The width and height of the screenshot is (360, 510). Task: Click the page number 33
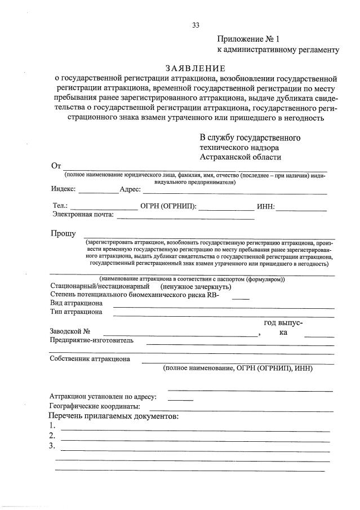point(196,25)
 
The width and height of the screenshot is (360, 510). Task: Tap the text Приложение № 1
point(248,39)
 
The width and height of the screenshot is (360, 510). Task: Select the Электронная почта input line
point(185,217)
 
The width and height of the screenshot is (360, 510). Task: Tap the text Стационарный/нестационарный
point(96,286)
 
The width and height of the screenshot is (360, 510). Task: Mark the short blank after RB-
point(241,297)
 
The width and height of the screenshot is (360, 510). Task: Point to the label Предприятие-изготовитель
point(91,340)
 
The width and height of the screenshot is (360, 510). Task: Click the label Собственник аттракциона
point(90,358)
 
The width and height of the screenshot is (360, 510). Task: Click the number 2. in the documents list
point(52,436)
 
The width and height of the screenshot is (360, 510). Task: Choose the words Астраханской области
point(240,157)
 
